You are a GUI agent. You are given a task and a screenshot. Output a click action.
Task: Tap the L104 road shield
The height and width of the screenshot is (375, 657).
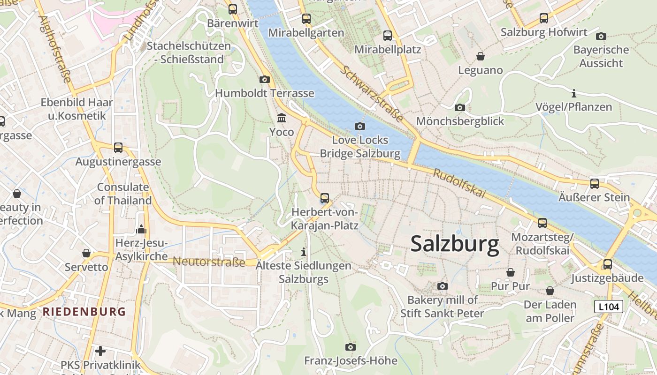(x=608, y=307)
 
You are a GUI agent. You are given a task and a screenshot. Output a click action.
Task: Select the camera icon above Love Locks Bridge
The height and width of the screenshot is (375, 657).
(x=360, y=126)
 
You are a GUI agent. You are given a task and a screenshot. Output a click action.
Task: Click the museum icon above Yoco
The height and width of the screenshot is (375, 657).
(x=282, y=118)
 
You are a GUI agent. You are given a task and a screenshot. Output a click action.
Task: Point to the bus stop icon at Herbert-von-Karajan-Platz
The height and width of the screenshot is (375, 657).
(x=325, y=198)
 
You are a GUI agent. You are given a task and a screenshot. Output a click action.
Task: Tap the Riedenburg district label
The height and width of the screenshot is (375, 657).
(x=84, y=312)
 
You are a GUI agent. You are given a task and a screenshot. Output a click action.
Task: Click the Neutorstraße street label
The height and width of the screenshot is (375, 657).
(x=209, y=262)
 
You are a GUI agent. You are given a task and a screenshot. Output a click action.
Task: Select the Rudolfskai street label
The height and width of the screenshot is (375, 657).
(x=458, y=183)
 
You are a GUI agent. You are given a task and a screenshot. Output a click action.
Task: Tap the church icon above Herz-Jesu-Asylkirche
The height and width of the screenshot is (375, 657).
(x=141, y=229)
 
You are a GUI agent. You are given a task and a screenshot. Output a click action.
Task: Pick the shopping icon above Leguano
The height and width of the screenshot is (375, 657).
(x=480, y=56)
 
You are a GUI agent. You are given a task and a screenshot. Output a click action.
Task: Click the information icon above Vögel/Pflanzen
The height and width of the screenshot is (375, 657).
(x=573, y=93)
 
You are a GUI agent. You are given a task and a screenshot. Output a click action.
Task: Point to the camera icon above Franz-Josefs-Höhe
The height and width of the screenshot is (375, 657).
(x=350, y=347)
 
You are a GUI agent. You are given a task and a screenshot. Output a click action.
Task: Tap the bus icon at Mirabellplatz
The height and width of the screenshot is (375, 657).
(x=388, y=36)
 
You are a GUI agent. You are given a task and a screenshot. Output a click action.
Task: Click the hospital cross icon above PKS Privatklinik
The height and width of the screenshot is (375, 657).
(x=100, y=351)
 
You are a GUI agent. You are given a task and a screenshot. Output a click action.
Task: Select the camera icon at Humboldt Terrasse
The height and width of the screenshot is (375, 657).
(x=264, y=79)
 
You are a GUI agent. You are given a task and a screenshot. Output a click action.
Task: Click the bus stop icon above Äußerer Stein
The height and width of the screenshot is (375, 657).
(x=594, y=183)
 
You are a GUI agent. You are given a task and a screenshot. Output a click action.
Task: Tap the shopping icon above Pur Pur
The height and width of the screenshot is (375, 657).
(x=510, y=272)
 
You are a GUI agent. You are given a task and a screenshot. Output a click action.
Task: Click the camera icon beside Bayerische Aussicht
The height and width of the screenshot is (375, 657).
(x=601, y=36)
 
